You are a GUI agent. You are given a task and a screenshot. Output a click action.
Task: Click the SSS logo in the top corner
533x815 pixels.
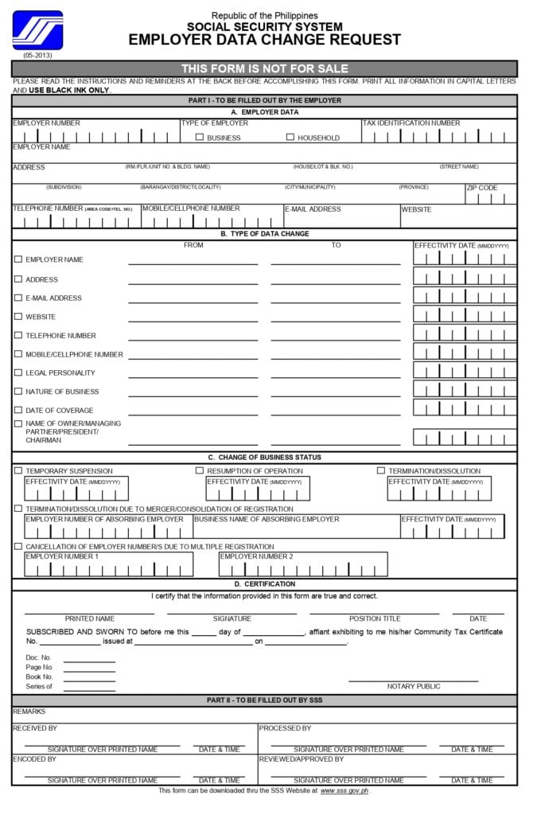[37, 30]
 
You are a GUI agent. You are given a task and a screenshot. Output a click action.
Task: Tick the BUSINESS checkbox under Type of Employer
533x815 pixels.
[200, 138]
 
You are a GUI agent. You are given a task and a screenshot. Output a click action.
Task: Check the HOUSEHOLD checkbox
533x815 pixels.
[290, 138]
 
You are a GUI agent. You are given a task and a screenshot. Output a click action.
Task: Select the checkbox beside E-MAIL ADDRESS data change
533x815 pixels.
[18, 298]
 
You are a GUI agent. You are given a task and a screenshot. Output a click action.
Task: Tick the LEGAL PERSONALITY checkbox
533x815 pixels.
[18, 372]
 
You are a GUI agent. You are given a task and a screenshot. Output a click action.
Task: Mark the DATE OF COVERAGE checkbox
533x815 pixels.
[18, 410]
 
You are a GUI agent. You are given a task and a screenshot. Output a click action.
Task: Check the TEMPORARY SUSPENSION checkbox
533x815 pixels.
[18, 470]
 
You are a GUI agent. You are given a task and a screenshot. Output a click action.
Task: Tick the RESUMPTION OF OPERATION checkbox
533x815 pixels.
[200, 470]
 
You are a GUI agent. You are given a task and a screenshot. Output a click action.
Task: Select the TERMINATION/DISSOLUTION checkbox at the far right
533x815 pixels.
[381, 470]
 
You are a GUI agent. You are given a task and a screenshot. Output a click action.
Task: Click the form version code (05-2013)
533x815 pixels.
[37, 56]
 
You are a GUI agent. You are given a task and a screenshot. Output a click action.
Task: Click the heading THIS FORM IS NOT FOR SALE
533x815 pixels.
[264, 68]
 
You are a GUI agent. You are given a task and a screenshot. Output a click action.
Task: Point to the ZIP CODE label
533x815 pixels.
[482, 189]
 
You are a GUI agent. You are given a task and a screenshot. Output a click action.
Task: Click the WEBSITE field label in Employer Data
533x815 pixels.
[416, 209]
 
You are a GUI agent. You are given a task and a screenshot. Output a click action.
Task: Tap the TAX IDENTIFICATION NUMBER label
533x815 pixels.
[411, 123]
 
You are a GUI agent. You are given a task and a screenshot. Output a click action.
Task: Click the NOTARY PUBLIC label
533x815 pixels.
[414, 686]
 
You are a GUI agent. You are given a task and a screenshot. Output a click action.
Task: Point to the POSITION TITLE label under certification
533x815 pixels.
[375, 618]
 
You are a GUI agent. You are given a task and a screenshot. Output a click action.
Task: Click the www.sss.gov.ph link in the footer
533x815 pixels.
[344, 790]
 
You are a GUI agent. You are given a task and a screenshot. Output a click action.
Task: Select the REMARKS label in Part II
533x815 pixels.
[29, 712]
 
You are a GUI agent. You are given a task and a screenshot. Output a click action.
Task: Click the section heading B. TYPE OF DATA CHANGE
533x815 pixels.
[264, 234]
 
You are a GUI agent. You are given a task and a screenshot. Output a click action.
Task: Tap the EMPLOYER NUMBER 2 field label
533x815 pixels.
[257, 556]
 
